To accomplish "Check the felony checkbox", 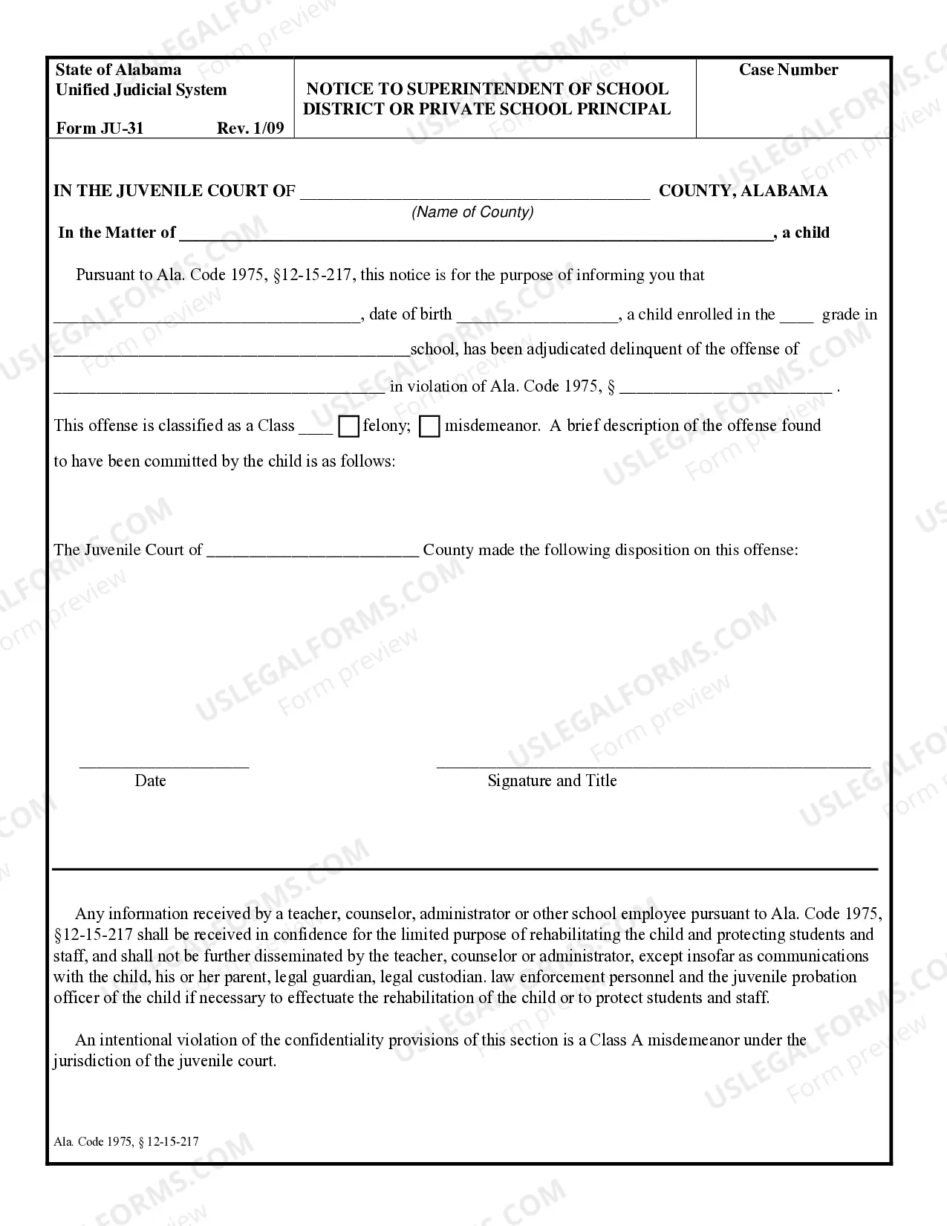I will (348, 426).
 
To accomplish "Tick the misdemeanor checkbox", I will (429, 426).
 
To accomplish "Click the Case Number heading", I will (788, 70).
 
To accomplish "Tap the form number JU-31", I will (100, 128).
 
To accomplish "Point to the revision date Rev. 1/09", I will (250, 128).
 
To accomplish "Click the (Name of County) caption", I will (472, 213).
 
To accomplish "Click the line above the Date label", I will (164, 766).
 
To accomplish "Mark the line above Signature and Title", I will (653, 765).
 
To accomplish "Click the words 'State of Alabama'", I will (118, 70).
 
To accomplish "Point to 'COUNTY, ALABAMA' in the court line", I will (743, 191).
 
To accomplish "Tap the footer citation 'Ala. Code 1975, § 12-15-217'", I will (126, 1141).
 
